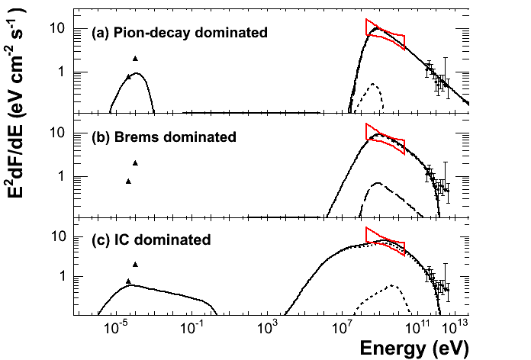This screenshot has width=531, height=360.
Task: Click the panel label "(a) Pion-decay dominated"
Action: point(179,33)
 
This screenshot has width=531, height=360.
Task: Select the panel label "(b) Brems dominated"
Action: point(164,137)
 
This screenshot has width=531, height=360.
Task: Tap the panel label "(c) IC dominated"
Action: point(151,240)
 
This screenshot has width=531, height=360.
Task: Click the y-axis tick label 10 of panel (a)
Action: point(57,29)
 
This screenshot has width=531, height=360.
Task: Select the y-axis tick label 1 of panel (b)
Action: point(61,177)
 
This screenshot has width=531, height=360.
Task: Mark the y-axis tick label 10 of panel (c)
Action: point(57,236)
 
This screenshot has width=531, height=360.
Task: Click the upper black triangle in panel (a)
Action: point(135,59)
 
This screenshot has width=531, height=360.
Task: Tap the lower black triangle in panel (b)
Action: point(128,182)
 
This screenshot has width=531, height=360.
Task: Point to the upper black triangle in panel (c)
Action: point(135,265)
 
